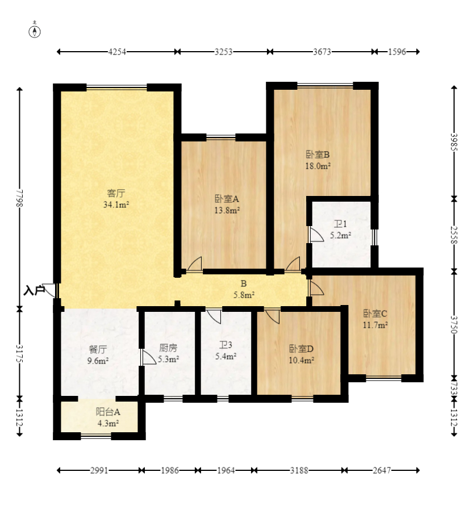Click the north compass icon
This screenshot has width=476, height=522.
(x=35, y=30)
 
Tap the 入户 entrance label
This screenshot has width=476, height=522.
(x=34, y=291)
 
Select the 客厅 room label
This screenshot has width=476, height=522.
(x=116, y=193)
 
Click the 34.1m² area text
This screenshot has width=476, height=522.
(x=116, y=204)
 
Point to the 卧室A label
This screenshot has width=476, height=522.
(x=227, y=199)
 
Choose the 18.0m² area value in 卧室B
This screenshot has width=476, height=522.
(x=318, y=165)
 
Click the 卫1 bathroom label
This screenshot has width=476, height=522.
(x=340, y=224)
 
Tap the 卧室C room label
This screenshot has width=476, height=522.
(x=375, y=314)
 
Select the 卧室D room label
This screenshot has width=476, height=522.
(x=301, y=349)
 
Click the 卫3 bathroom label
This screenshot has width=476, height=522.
(x=226, y=345)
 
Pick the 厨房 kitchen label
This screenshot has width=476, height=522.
(x=168, y=348)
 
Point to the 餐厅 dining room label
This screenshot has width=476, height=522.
(x=98, y=349)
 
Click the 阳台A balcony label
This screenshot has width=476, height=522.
(x=108, y=412)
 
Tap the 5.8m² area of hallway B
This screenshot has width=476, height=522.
(x=244, y=295)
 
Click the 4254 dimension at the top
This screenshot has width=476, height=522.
(x=117, y=52)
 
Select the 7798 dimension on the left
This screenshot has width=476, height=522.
(x=20, y=198)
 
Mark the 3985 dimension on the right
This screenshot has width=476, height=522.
(x=454, y=142)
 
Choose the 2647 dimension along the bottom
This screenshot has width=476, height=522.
(x=382, y=470)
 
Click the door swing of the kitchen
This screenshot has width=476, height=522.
(x=148, y=357)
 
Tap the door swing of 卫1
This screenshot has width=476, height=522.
(x=316, y=235)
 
